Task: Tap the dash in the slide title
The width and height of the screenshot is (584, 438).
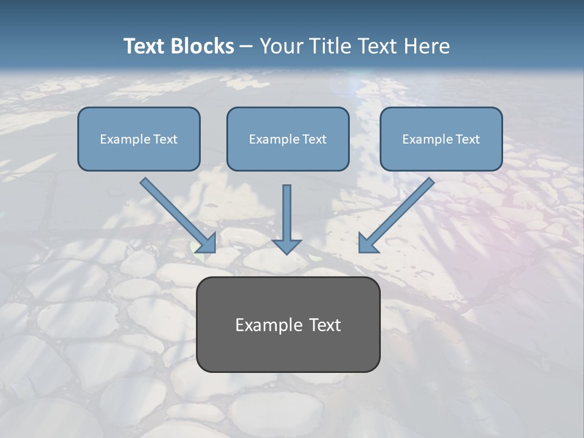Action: (246, 47)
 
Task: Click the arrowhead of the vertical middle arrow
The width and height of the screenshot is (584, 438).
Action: (287, 246)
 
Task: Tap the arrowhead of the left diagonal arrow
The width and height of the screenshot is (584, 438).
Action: (207, 244)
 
